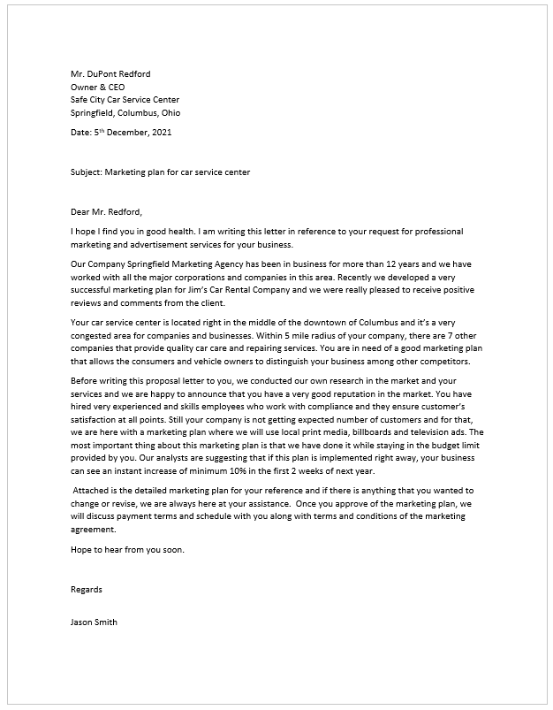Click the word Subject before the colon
[86, 172]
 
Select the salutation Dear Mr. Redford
[106, 211]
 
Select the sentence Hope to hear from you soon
[127, 549]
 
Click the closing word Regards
[87, 588]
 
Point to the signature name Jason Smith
[94, 622]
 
